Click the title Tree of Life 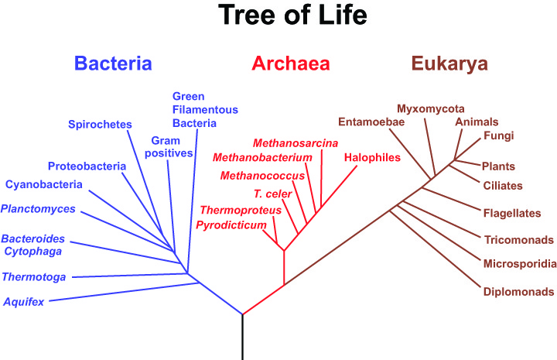click(x=292, y=15)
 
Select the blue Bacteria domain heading click(x=113, y=63)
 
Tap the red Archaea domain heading click(x=291, y=63)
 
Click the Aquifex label click(x=24, y=302)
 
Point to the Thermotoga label click(x=34, y=277)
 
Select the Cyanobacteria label click(x=43, y=184)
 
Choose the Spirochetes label click(x=100, y=125)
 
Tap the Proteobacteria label click(x=87, y=166)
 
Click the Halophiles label click(x=372, y=157)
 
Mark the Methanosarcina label click(x=296, y=143)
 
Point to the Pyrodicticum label click(x=231, y=225)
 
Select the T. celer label click(x=273, y=194)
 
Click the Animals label click(x=477, y=122)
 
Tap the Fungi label click(x=499, y=135)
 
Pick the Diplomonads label click(x=518, y=292)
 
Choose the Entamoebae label click(x=371, y=122)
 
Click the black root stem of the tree click(x=243, y=337)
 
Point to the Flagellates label click(x=512, y=213)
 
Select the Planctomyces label click(x=38, y=209)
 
